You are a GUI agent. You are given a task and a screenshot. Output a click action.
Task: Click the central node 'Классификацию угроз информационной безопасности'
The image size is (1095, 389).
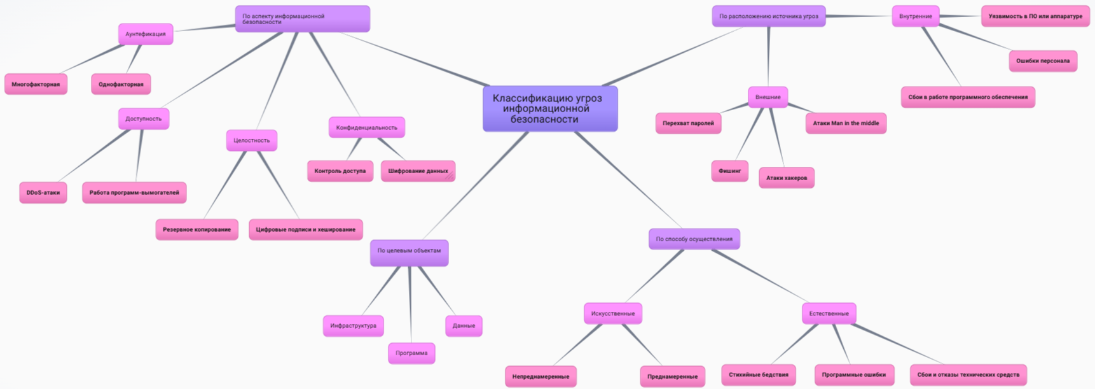pyautogui.click(x=549, y=109)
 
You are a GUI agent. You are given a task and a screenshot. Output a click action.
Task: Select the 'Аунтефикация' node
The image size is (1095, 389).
pyautogui.click(x=146, y=34)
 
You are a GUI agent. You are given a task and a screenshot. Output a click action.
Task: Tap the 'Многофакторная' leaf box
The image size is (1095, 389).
pyautogui.click(x=36, y=84)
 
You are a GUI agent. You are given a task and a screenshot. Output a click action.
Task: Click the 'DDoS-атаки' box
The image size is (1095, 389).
pyautogui.click(x=43, y=192)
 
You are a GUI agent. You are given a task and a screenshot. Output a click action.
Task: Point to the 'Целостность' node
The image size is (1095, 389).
pyautogui.click(x=251, y=140)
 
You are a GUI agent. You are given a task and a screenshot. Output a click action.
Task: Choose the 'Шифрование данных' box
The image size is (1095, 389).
pyautogui.click(x=418, y=171)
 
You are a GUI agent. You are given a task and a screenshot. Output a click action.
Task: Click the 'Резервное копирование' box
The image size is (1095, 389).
pyautogui.click(x=196, y=229)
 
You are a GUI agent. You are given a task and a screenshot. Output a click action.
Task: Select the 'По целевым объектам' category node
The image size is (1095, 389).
pyautogui.click(x=409, y=251)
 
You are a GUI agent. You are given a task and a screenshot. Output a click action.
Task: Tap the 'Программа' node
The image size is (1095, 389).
pyautogui.click(x=411, y=353)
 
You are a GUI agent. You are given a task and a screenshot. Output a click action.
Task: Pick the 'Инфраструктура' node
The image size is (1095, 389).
pyautogui.click(x=353, y=325)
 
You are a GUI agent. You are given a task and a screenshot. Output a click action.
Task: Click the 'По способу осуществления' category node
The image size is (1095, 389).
pyautogui.click(x=694, y=239)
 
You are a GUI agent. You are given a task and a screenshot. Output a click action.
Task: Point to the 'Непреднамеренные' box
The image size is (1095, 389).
pyautogui.click(x=541, y=376)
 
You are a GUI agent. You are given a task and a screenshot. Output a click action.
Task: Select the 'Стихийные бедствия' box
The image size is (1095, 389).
pyautogui.click(x=758, y=374)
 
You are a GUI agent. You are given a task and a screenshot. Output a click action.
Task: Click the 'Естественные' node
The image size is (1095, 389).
pyautogui.click(x=829, y=313)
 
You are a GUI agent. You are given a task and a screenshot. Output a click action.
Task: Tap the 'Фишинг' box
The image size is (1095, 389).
pyautogui.click(x=729, y=171)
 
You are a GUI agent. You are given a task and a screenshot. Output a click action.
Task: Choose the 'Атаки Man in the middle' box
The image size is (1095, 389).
pyautogui.click(x=846, y=123)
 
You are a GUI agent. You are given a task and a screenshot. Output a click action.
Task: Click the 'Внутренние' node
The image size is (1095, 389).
pyautogui.click(x=915, y=17)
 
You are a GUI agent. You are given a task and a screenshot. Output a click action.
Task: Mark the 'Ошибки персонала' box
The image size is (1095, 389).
pyautogui.click(x=1042, y=61)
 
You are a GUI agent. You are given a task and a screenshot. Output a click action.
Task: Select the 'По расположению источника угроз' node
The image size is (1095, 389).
pyautogui.click(x=768, y=17)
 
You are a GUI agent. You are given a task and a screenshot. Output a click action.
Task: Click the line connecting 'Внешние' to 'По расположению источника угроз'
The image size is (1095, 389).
pyautogui.click(x=768, y=57)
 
